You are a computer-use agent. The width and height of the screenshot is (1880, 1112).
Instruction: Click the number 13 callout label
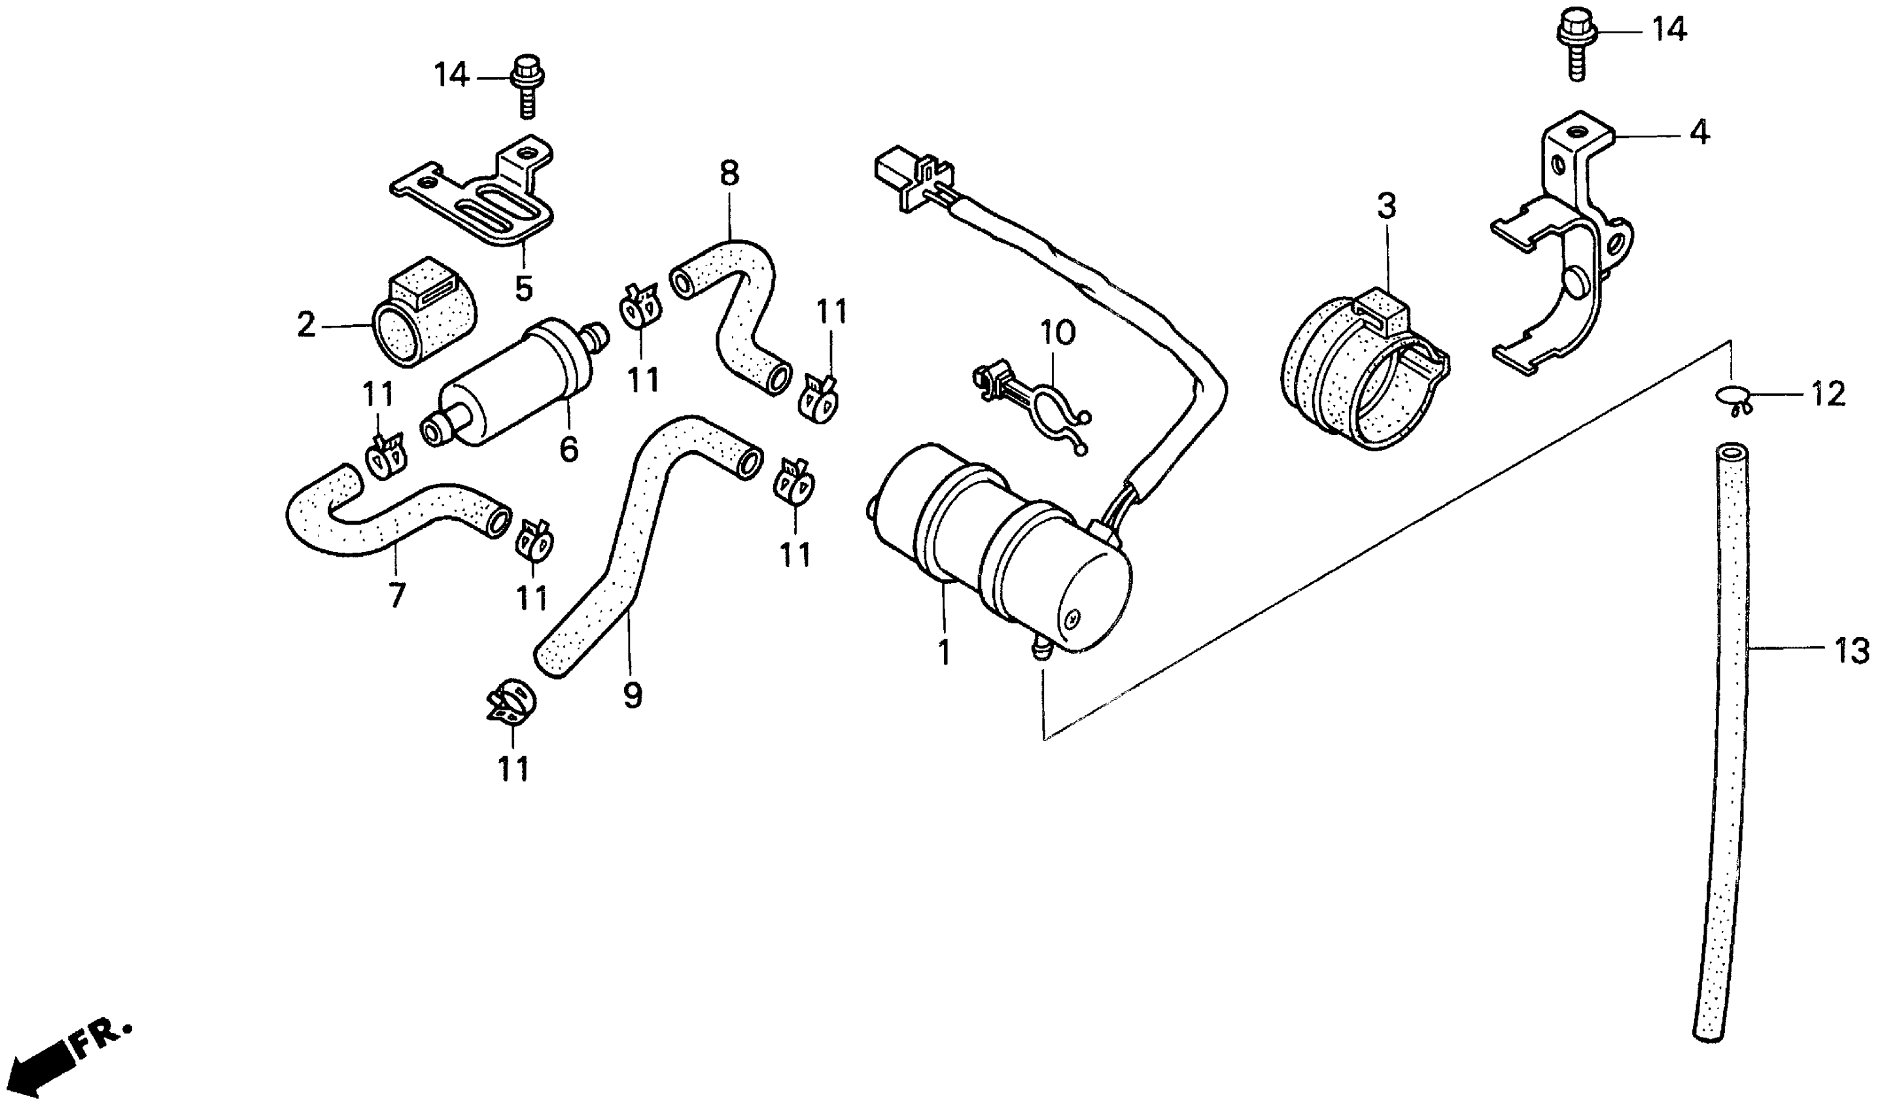pyautogui.click(x=1851, y=650)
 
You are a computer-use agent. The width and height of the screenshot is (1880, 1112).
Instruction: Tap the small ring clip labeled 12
pyautogui.click(x=1731, y=397)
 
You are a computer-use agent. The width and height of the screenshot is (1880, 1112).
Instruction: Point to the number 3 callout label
pyautogui.click(x=1386, y=207)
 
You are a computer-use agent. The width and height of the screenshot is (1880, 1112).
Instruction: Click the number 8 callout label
pyautogui.click(x=728, y=174)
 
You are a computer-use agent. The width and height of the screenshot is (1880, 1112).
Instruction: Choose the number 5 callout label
pyautogui.click(x=523, y=288)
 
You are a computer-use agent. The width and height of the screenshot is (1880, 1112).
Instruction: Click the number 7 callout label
pyautogui.click(x=396, y=596)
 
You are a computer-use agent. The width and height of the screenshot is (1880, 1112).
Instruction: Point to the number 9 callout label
pyautogui.click(x=633, y=697)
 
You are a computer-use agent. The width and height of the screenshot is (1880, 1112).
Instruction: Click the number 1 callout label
pyautogui.click(x=943, y=653)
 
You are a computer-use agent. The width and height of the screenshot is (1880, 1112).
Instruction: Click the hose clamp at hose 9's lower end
pyautogui.click(x=511, y=704)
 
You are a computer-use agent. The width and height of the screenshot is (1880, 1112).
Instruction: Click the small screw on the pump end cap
pyautogui.click(x=1072, y=617)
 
